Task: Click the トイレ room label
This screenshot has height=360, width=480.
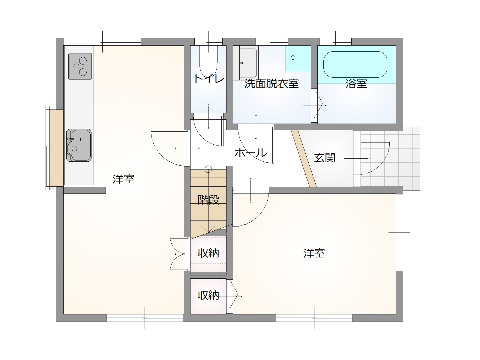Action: pos(209,79)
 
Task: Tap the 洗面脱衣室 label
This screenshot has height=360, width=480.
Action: pos(271,83)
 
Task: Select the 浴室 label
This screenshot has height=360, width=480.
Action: pos(356,83)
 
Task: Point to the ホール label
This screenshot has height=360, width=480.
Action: pos(250,153)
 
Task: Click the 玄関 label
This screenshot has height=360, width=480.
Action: pos(325,157)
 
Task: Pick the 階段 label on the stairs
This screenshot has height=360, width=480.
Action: pos(208,199)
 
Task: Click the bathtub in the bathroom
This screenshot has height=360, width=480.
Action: pos(355,64)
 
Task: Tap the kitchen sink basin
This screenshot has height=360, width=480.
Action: pos(79,145)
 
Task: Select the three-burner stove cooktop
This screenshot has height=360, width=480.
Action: pos(80,66)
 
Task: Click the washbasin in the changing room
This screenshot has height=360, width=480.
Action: pos(248,63)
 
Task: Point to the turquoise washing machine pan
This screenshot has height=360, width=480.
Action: pos(298,58)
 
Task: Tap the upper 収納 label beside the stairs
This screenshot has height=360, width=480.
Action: pos(208,253)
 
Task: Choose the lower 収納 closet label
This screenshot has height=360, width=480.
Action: pos(208,295)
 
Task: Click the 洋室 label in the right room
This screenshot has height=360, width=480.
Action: pos(314,253)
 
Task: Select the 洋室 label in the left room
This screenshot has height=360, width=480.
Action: pos(123,179)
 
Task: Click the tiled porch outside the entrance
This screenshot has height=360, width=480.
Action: pos(390,159)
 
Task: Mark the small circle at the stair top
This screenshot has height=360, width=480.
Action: pos(208,169)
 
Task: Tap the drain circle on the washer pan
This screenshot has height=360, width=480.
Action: pos(293,58)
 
